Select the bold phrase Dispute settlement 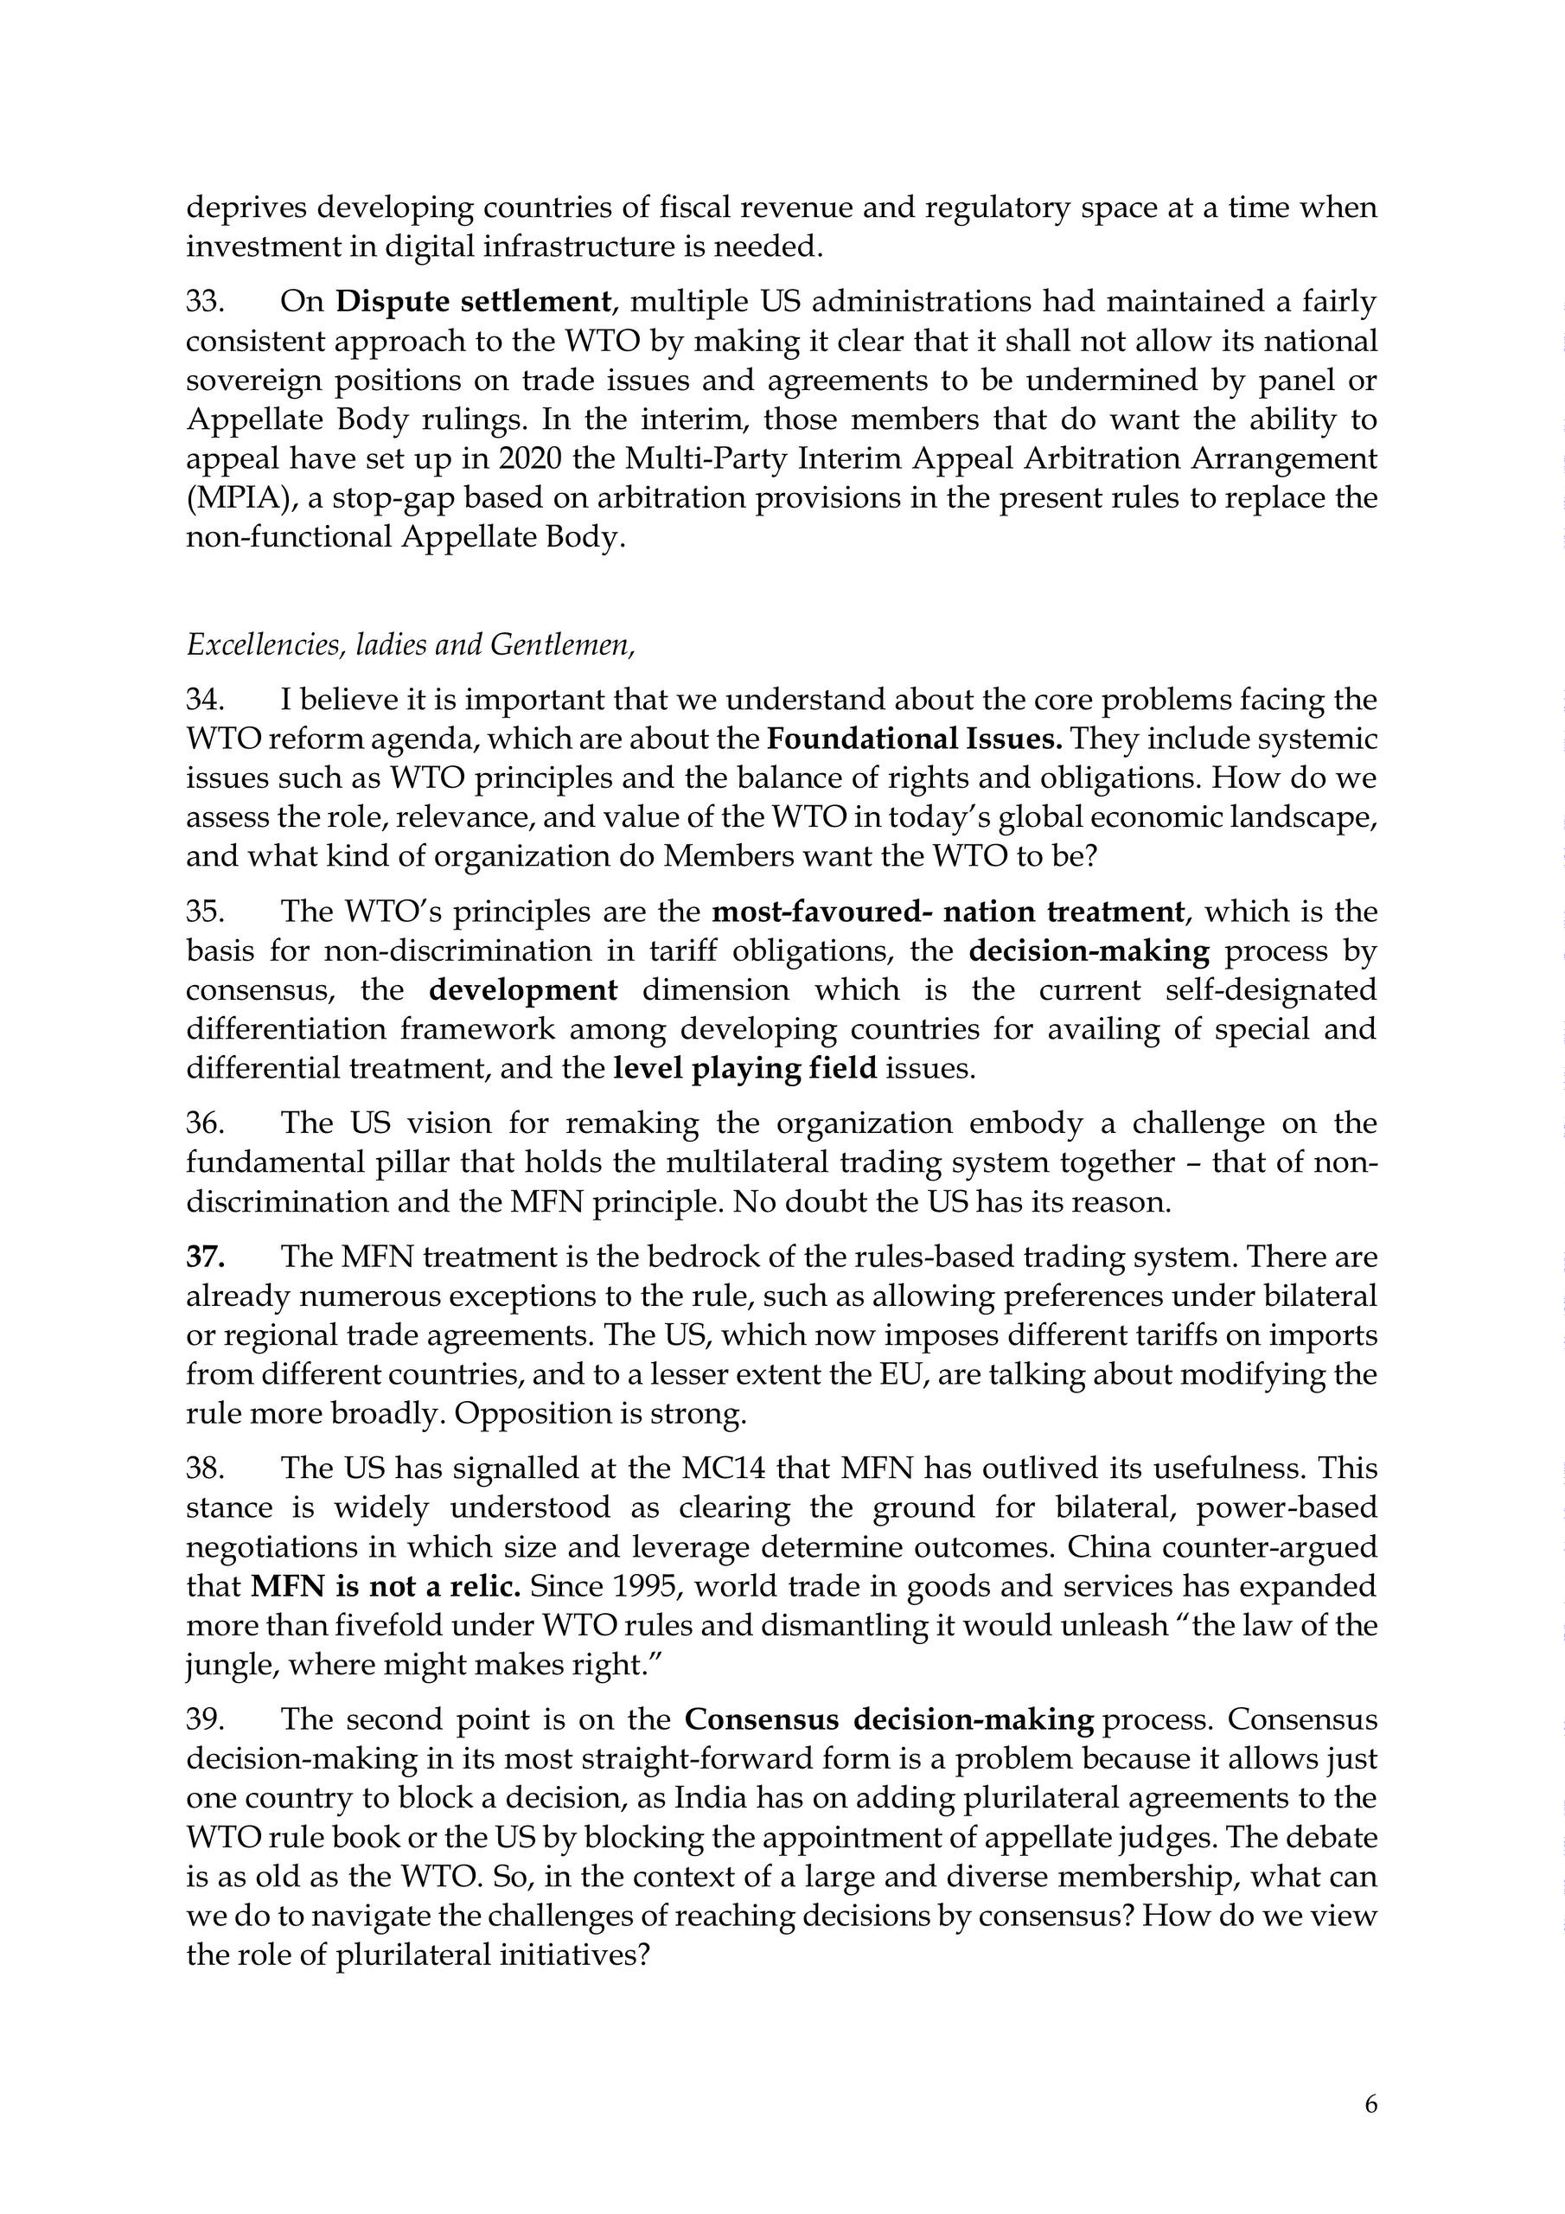click(x=472, y=303)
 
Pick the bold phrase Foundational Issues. click(x=914, y=739)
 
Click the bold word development click(x=522, y=990)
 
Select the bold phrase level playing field click(x=744, y=1068)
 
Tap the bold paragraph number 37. click(x=206, y=1257)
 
